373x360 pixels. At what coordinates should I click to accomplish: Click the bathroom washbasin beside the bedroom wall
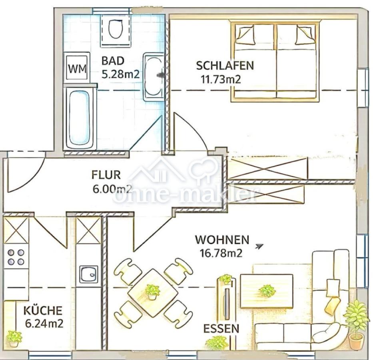[153, 76]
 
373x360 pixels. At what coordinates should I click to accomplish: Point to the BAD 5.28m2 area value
[120, 74]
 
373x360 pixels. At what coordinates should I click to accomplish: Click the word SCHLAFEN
[225, 66]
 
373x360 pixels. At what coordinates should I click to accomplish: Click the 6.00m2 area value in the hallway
[112, 189]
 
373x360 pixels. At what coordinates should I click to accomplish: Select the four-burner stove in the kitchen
[16, 257]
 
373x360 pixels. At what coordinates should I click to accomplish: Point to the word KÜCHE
[43, 310]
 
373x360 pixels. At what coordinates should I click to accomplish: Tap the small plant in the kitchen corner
[14, 338]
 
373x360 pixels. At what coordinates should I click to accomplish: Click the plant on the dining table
[152, 292]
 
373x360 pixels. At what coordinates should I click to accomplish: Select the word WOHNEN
[222, 240]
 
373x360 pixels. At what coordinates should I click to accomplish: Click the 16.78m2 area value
[221, 253]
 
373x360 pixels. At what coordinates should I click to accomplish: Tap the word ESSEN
[221, 328]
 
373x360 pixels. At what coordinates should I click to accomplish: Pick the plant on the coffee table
[267, 291]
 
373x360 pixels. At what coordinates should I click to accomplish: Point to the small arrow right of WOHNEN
[259, 246]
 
